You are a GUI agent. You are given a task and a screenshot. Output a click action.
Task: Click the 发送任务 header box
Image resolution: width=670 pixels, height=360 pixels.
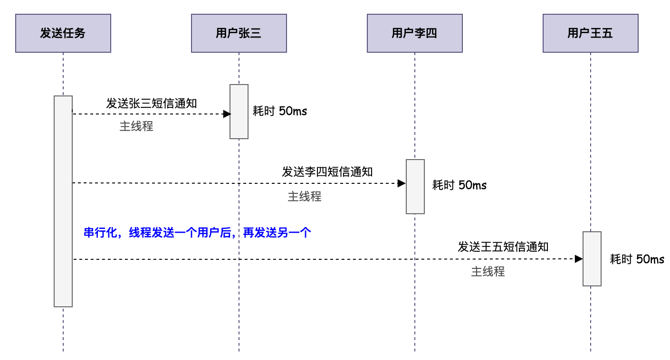click(63, 33)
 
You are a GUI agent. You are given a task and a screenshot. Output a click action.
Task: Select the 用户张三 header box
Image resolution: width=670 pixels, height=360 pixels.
click(239, 33)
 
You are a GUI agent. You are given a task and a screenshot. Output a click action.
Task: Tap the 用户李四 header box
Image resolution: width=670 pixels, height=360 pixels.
click(415, 33)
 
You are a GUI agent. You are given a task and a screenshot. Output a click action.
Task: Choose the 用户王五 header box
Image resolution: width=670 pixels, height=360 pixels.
click(591, 33)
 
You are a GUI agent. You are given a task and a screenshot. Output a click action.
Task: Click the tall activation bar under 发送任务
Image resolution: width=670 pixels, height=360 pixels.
click(63, 201)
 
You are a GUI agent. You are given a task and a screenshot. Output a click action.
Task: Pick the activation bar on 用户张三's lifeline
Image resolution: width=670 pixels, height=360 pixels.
click(239, 112)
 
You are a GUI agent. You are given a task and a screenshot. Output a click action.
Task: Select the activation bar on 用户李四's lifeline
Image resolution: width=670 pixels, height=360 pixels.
click(415, 187)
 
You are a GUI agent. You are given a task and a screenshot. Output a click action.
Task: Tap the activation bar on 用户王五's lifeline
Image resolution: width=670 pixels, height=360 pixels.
click(592, 259)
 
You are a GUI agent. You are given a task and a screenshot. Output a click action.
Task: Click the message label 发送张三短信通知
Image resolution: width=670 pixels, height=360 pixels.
click(152, 104)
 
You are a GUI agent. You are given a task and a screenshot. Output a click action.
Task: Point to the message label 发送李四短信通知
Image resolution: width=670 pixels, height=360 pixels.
click(327, 172)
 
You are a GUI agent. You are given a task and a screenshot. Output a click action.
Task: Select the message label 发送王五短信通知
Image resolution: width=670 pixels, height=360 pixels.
click(503, 247)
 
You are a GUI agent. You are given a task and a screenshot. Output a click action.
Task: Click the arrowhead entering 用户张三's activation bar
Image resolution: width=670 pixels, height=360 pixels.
click(227, 114)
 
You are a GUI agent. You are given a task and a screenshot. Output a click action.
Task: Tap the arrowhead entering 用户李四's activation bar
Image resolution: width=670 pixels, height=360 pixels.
click(402, 183)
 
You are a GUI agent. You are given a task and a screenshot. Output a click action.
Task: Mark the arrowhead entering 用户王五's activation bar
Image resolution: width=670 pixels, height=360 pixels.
click(578, 259)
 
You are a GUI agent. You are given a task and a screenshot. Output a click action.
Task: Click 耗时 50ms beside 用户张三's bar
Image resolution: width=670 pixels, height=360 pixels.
click(280, 111)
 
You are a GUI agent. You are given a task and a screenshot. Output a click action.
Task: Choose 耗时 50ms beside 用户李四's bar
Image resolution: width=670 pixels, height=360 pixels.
click(459, 185)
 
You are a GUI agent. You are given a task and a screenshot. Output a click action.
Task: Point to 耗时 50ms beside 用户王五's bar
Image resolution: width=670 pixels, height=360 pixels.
click(637, 259)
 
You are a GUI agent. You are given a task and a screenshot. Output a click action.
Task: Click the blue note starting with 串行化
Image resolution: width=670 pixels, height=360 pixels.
click(197, 233)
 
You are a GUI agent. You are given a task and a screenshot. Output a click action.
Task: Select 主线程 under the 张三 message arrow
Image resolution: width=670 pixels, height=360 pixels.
click(136, 126)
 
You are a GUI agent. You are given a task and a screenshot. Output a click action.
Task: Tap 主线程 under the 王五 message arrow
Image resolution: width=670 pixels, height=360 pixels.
click(488, 272)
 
